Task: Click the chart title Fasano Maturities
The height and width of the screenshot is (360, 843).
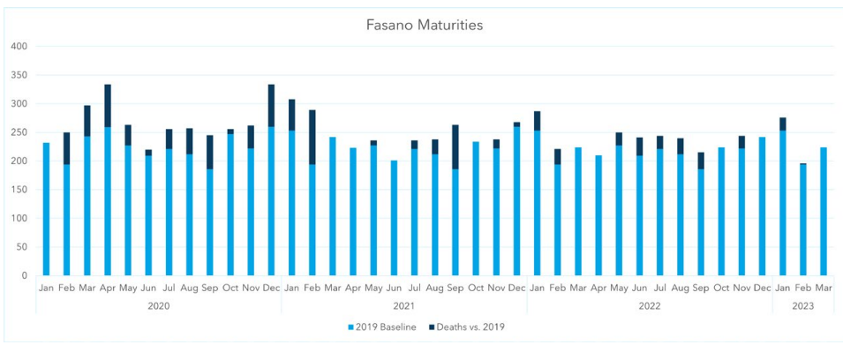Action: point(425,25)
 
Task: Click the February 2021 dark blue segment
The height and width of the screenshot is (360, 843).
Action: point(312,137)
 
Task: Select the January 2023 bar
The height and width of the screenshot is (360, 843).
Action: point(783,203)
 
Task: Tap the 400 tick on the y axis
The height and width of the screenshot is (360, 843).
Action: point(19,46)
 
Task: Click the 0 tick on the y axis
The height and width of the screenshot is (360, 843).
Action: point(26,275)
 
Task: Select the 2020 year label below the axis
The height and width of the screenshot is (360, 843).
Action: point(159,305)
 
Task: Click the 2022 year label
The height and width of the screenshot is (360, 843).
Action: point(650,305)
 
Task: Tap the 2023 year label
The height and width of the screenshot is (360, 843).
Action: point(803,305)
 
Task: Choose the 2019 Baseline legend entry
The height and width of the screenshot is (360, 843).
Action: point(382,327)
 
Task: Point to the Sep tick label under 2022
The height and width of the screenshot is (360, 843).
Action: point(701,288)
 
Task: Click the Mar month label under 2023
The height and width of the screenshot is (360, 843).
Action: point(824,288)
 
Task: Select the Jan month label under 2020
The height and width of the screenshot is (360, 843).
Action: point(46,288)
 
